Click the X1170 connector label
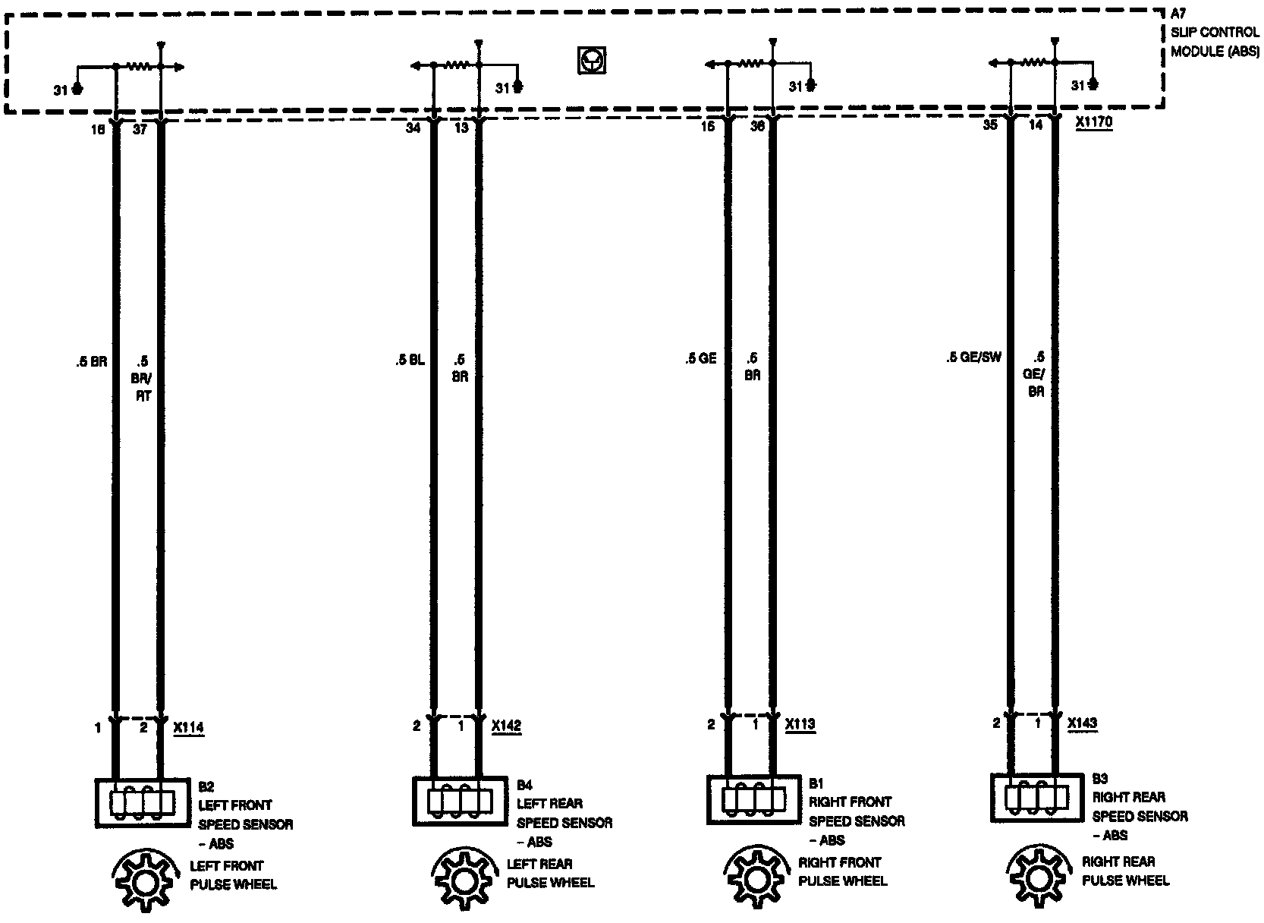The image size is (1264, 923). click(x=1094, y=124)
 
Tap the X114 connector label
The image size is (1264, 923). click(x=189, y=728)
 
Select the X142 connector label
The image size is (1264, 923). click(x=507, y=726)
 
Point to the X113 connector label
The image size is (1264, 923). click(x=800, y=724)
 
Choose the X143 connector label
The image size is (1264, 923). click(x=1082, y=723)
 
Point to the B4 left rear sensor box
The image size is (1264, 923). click(x=459, y=801)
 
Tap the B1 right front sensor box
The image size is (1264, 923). click(x=753, y=799)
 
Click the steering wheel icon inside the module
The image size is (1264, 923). click(x=592, y=60)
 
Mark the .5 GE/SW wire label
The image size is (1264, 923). click(x=973, y=357)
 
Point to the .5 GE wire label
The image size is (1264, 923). click(x=700, y=358)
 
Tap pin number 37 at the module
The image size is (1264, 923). click(x=140, y=130)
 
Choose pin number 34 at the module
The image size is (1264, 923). click(x=413, y=128)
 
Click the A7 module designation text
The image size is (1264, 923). click(x=1178, y=14)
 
